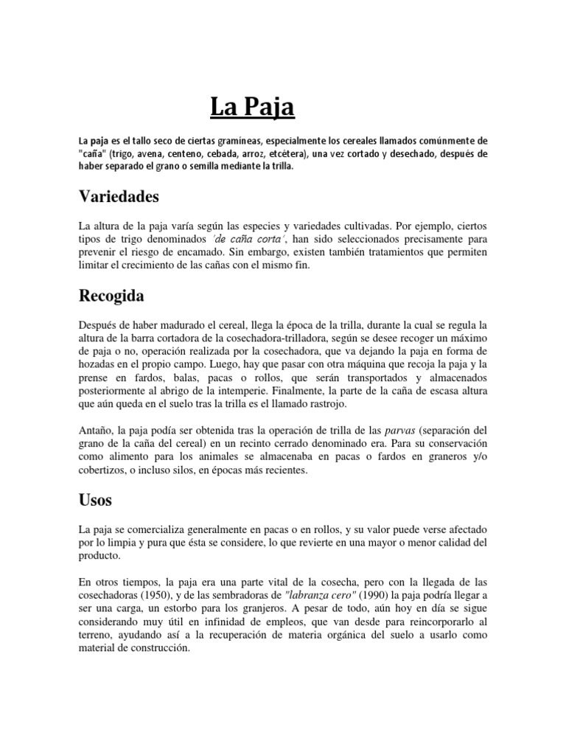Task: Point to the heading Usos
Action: pos(95,500)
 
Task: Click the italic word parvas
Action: pos(401,430)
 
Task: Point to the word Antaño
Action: pos(98,430)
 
